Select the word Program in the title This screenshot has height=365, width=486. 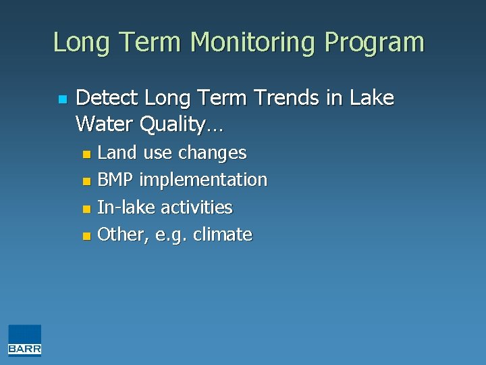pos(375,42)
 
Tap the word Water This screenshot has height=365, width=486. pos(105,124)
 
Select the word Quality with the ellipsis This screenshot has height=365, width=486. pos(182,125)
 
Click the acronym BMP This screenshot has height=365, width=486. pos(115,180)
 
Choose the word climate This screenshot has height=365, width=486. pos(222,235)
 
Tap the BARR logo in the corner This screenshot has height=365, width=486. pos(25,340)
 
